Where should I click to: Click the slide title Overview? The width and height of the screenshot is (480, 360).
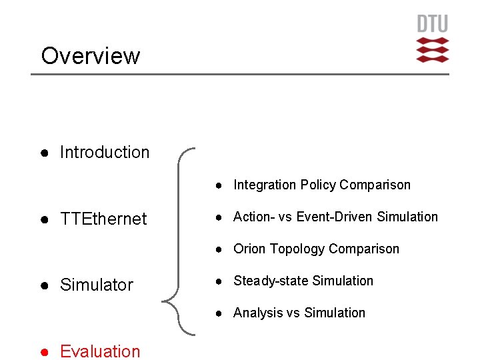[x=91, y=56]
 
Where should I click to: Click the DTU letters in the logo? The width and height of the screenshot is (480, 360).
[x=433, y=25]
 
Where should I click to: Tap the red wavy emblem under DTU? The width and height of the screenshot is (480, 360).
[x=433, y=50]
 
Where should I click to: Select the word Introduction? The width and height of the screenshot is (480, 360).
[x=105, y=152]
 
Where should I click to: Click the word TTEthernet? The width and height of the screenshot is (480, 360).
[x=103, y=219]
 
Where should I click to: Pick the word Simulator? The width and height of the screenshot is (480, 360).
[x=97, y=285]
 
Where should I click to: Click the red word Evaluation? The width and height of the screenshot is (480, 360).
[x=100, y=351]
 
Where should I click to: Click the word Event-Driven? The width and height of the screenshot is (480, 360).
[x=335, y=217]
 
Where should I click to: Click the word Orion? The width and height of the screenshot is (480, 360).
[x=249, y=249]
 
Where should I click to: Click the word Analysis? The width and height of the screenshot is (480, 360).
[x=257, y=313]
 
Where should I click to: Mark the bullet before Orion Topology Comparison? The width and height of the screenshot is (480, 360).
[x=218, y=249]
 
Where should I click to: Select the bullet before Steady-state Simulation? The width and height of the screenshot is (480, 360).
[x=218, y=281]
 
